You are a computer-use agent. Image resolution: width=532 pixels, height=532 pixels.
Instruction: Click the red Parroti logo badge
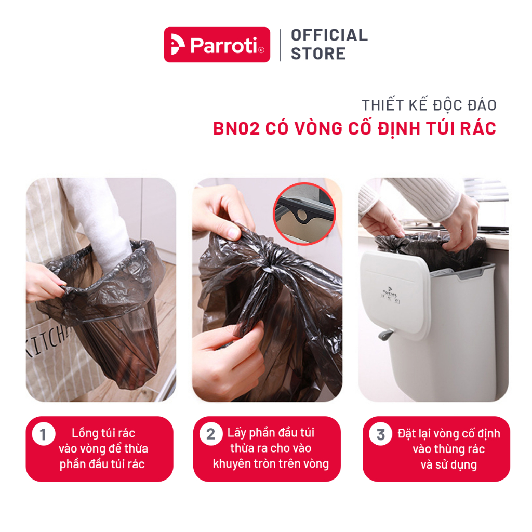click(217, 45)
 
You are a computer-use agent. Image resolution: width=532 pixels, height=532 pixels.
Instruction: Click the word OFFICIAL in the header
click(329, 35)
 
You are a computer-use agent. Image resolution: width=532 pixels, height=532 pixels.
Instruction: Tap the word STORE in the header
click(318, 54)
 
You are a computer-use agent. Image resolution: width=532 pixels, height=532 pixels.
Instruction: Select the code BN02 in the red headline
click(236, 129)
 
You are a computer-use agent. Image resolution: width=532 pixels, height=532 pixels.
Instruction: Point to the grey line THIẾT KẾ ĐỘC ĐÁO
click(429, 105)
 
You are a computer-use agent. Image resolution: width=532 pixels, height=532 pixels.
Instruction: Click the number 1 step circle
click(44, 434)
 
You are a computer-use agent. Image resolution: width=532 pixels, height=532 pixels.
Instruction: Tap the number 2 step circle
click(211, 434)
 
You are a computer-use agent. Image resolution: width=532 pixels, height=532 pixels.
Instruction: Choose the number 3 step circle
click(381, 434)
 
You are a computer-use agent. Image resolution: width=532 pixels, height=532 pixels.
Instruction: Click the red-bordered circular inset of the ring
click(304, 214)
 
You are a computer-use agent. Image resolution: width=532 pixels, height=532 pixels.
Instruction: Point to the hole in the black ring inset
click(301, 215)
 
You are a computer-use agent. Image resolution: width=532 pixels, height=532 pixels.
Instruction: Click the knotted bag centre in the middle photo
click(268, 268)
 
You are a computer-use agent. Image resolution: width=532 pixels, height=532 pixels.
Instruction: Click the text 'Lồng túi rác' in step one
click(103, 433)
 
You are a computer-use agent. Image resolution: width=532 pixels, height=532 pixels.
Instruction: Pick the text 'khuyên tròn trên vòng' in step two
click(271, 463)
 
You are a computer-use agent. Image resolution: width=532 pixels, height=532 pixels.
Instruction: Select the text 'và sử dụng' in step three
click(448, 464)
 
